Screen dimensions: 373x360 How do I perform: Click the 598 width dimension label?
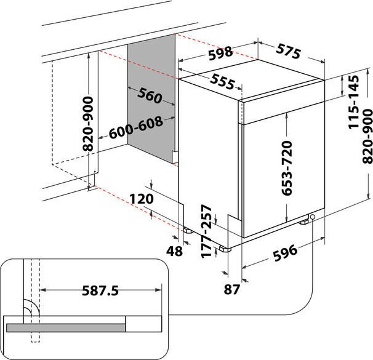point(220,54)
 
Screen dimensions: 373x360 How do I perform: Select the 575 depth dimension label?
point(289,50)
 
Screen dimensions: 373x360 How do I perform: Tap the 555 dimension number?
point(222,82)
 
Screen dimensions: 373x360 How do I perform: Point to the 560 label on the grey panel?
point(150,95)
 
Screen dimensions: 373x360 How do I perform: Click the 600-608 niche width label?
point(136,127)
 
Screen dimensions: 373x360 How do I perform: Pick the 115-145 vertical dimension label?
point(353,102)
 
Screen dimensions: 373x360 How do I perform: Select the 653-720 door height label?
point(286,168)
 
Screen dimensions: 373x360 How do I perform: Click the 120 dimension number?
point(142,199)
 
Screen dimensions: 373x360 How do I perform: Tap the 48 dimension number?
point(174,251)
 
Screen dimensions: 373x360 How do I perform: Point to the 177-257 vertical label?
point(206,231)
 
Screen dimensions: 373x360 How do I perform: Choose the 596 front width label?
point(285,252)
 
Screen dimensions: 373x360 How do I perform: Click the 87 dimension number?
point(231,289)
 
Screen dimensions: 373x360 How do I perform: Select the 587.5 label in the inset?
point(100,290)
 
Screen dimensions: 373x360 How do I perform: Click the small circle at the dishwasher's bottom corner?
point(312,217)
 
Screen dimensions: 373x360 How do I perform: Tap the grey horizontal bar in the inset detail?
point(66,327)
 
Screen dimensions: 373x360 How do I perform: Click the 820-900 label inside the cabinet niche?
point(88,124)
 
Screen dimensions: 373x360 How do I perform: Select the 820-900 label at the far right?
point(367,136)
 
